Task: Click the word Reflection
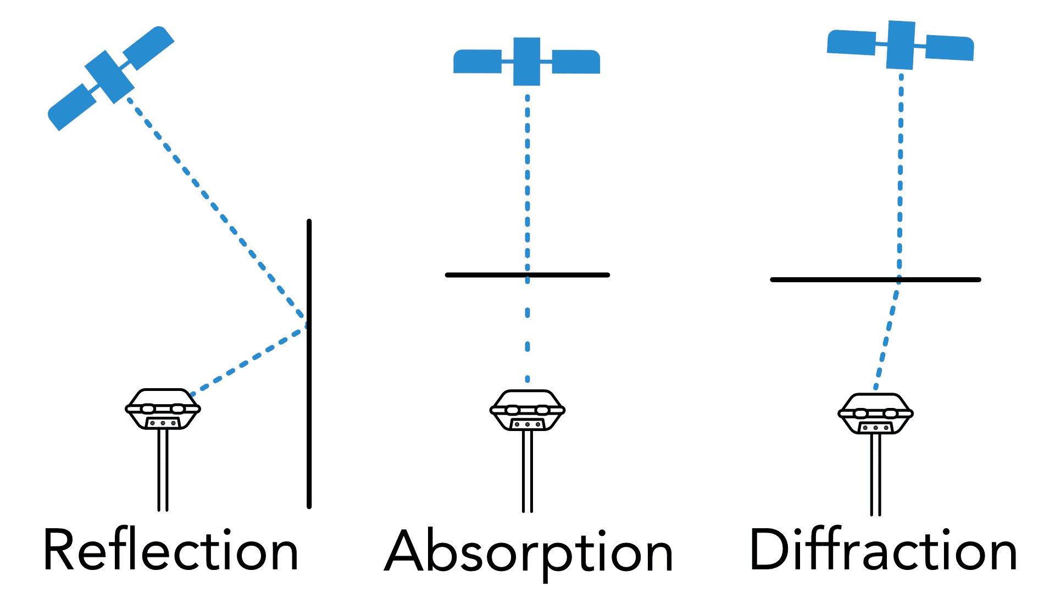(x=171, y=550)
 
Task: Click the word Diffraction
(x=883, y=550)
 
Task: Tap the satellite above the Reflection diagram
(x=110, y=77)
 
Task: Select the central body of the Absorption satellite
(x=526, y=61)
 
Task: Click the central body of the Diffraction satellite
(x=900, y=45)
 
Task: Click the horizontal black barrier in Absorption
(x=484, y=275)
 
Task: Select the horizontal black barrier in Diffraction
(x=824, y=279)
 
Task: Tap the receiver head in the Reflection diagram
(x=163, y=409)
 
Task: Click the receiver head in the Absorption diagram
(x=527, y=410)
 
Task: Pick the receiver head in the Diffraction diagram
(x=876, y=413)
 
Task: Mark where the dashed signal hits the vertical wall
(x=307, y=325)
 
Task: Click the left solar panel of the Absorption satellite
(x=477, y=61)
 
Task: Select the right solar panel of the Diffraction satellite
(x=949, y=48)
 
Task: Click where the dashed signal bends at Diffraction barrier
(x=899, y=280)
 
